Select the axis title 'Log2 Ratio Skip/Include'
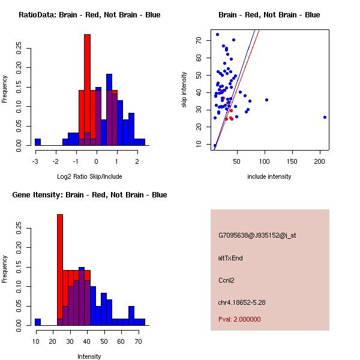89,176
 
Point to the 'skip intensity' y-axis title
185,90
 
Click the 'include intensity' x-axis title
269,176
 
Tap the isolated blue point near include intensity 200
325,117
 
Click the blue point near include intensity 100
266,100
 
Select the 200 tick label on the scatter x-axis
320,161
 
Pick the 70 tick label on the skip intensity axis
199,40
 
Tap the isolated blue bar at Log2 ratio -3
38,142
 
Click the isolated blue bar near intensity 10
38,322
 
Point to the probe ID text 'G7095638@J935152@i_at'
257,235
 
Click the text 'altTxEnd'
230,258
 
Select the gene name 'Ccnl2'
226,280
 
